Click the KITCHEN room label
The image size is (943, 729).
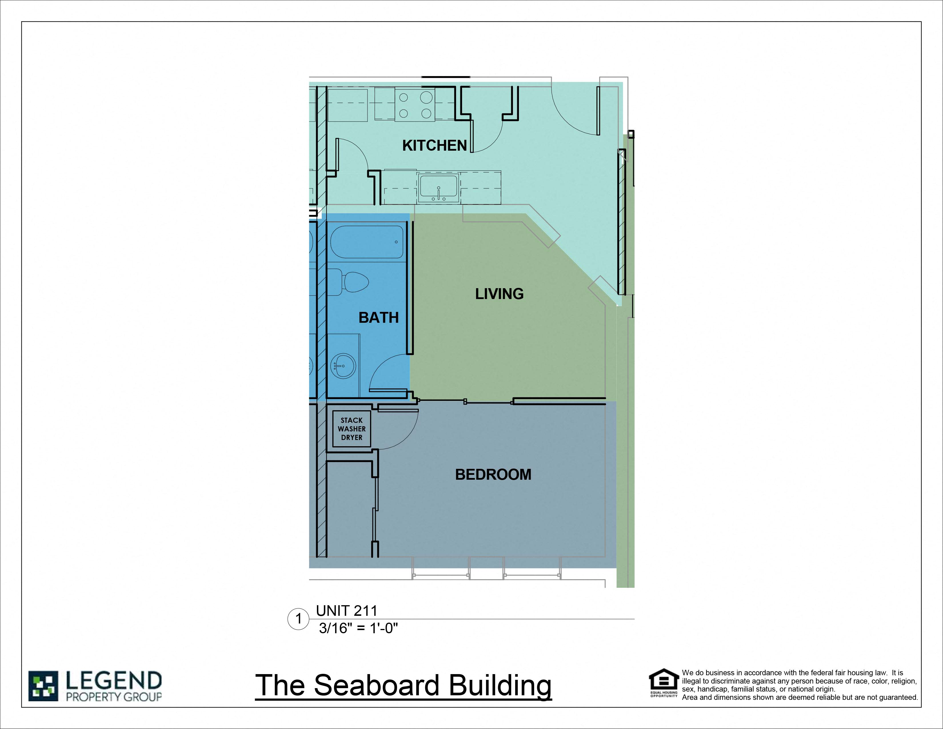434,146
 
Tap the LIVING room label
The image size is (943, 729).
499,294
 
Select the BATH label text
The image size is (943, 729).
378,317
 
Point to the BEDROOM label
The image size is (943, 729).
493,474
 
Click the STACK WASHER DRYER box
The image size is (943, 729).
351,429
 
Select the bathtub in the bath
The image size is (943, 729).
367,242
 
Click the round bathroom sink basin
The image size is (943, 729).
343,366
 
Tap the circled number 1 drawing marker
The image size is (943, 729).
298,619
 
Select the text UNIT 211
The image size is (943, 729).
346,611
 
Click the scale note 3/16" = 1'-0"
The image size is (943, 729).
358,628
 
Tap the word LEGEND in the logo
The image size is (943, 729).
113,681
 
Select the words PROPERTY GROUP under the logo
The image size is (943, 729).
113,697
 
